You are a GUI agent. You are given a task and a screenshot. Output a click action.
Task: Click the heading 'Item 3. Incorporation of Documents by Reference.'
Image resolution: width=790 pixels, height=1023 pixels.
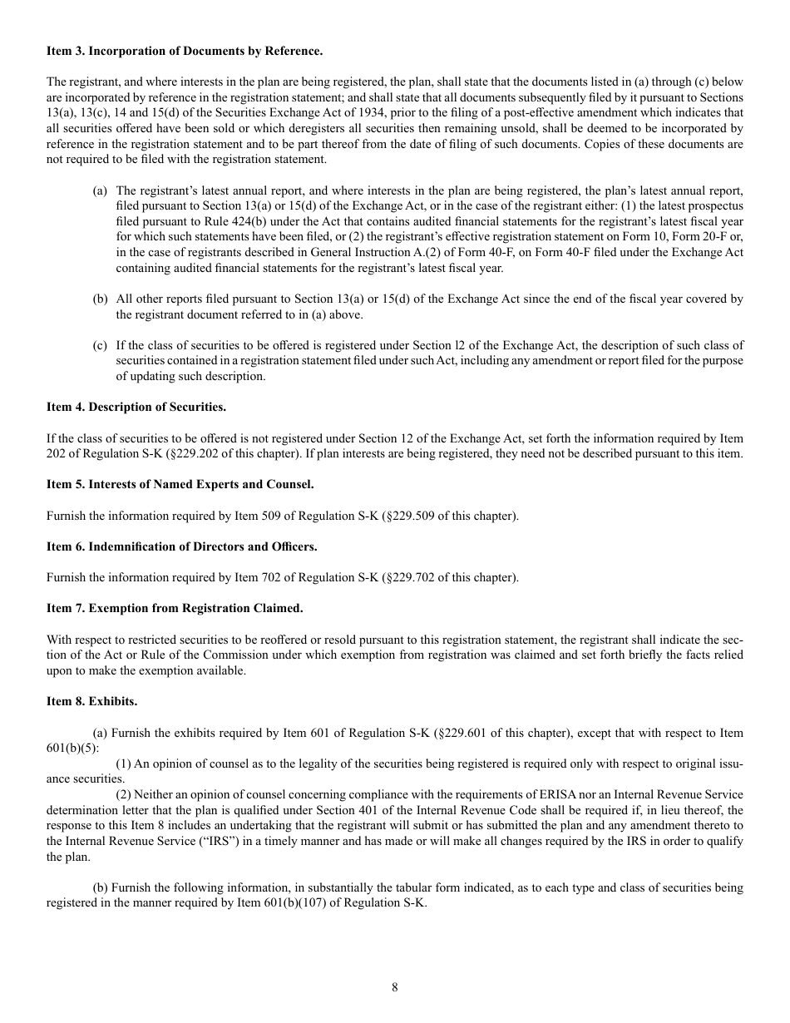pos(185,52)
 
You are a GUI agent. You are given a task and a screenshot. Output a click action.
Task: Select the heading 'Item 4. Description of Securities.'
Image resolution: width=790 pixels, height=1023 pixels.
pos(136,408)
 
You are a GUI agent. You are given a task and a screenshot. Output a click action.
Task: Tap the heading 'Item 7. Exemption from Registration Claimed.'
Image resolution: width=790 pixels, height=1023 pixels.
pos(175,608)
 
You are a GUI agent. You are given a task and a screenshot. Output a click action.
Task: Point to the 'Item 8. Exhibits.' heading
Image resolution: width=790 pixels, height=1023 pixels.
pos(92,701)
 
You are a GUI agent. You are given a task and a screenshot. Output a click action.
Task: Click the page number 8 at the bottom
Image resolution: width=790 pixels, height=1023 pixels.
pos(395,987)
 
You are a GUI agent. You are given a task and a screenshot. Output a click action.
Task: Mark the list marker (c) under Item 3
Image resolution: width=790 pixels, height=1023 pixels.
pos(100,345)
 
